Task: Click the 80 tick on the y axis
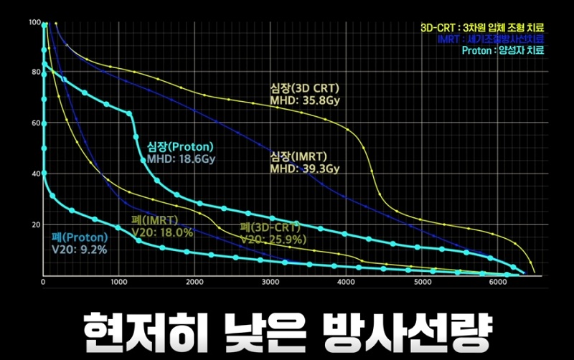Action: click(34, 72)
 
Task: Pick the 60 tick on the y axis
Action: click(34, 123)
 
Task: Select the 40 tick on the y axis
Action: click(34, 174)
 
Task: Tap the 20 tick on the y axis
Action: click(34, 224)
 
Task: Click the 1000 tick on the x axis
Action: click(119, 282)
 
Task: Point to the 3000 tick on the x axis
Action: click(271, 282)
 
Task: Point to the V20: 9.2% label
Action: click(79, 250)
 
